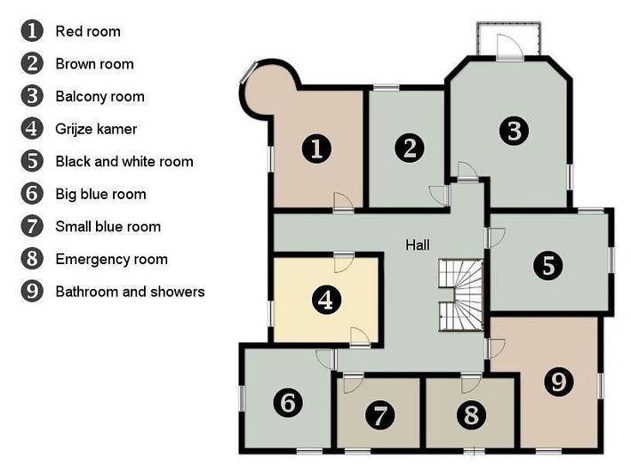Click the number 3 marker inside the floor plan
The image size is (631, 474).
point(515,131)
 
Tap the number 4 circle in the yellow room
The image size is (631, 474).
point(327,300)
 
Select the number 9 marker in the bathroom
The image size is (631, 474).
point(559,382)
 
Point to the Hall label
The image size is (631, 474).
point(418,245)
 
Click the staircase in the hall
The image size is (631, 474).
point(460,295)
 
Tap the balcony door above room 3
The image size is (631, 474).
point(510,46)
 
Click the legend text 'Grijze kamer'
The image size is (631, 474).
point(96,129)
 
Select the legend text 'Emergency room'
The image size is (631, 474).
point(111,259)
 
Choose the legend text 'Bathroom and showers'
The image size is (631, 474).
point(130,292)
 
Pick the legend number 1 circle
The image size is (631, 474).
point(32,31)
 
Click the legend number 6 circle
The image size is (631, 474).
point(32,194)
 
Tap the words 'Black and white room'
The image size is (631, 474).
point(124,162)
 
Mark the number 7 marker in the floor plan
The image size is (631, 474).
point(379,415)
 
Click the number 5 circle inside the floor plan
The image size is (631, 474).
point(548,265)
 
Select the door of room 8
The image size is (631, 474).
point(471,383)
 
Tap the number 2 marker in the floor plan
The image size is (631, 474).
point(410,148)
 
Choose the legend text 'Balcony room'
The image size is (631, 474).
point(100,97)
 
